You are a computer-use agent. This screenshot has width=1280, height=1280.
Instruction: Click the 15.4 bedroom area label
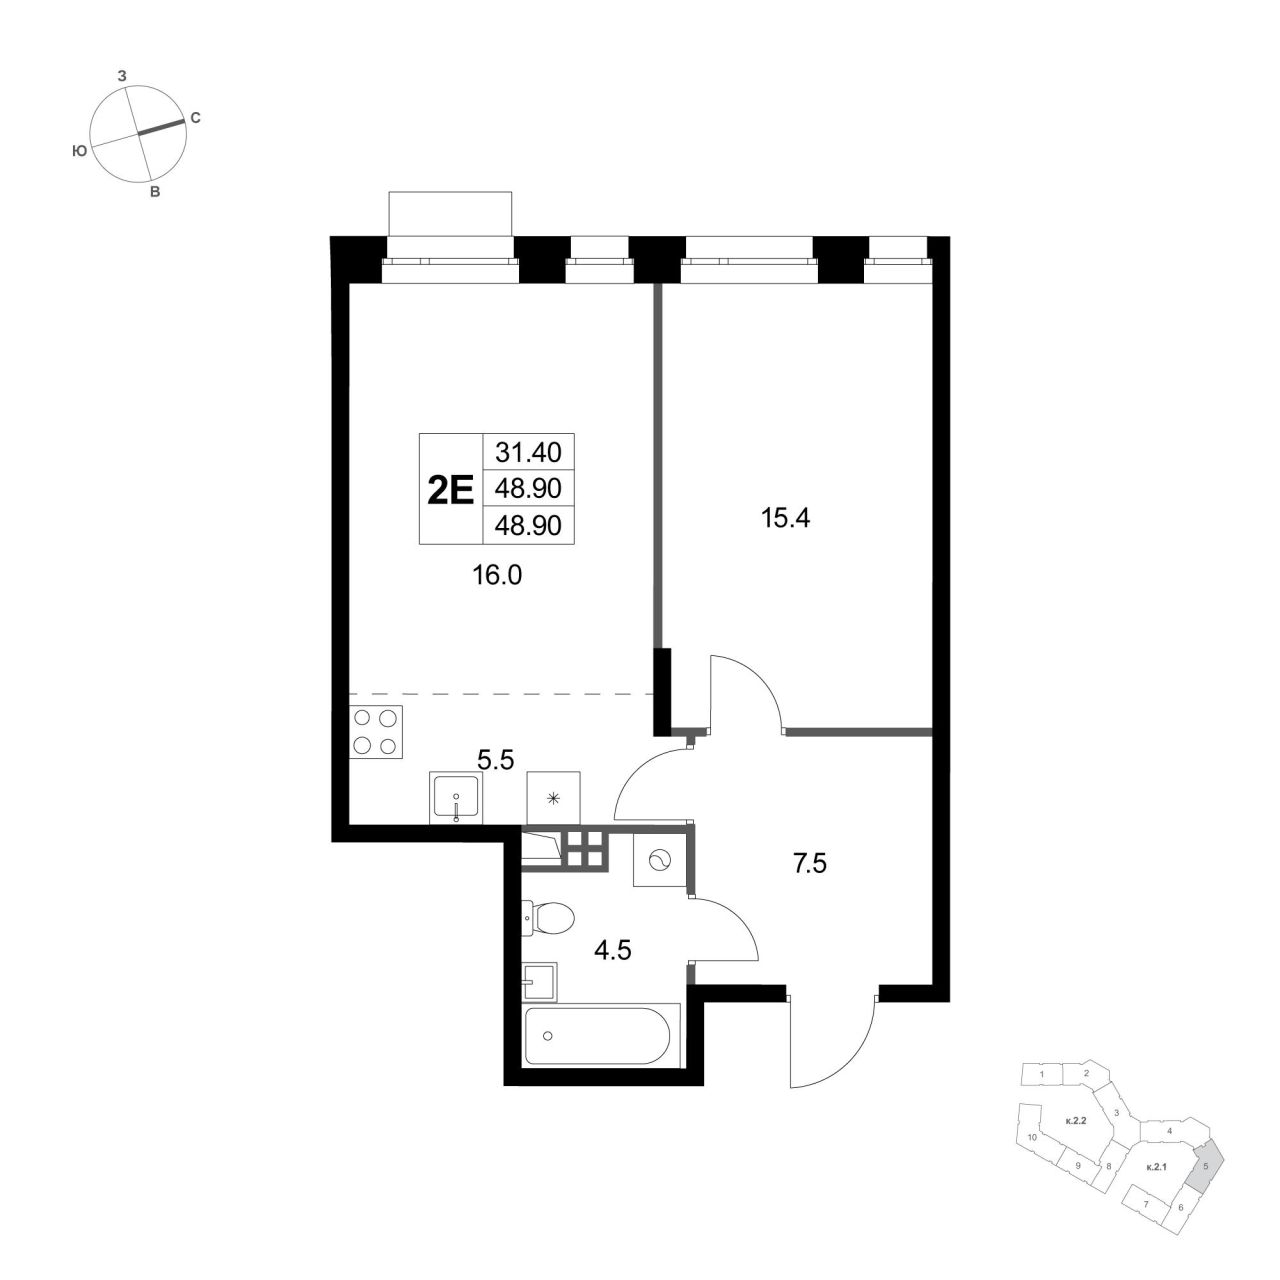click(785, 518)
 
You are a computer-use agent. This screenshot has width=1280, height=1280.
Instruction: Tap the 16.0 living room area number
click(497, 575)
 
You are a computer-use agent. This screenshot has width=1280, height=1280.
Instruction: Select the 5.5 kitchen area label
click(496, 759)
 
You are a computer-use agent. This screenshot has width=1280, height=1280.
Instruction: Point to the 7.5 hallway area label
click(809, 864)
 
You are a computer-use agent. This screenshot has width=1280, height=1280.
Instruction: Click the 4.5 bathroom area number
click(612, 951)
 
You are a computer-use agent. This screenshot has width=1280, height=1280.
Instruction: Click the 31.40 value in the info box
click(529, 453)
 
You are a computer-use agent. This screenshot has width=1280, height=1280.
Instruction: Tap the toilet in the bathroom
click(548, 919)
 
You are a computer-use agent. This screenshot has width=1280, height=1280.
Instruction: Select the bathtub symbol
click(602, 1036)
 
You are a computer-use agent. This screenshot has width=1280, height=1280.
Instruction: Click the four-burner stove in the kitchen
click(376, 731)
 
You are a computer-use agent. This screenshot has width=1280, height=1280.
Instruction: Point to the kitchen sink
click(456, 798)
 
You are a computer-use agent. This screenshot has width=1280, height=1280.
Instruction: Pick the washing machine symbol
click(660, 861)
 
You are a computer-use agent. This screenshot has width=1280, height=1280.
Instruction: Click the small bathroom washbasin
click(540, 982)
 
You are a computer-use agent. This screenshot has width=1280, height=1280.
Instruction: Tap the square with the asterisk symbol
click(553, 798)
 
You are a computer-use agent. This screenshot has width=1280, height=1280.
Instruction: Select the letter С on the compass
click(195, 118)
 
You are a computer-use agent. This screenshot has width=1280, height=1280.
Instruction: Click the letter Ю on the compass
click(79, 152)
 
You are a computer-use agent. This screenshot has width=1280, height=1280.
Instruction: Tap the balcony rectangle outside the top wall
click(450, 213)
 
